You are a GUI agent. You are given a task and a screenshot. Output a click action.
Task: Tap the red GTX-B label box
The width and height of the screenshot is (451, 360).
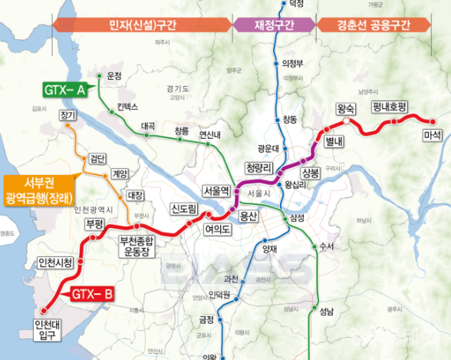click(94, 294)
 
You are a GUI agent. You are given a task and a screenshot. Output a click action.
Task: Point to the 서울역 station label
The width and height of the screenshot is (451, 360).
click(216, 189)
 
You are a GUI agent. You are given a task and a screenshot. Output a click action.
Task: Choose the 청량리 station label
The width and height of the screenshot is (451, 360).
click(259, 166)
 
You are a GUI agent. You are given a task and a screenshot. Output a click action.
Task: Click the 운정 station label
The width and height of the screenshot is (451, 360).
click(115, 76)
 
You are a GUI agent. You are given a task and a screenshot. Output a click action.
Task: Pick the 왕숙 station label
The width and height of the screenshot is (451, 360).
click(346, 108)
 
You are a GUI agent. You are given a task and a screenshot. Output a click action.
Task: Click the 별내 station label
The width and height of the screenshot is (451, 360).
click(334, 142)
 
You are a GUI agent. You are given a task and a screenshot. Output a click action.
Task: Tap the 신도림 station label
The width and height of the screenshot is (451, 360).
click(184, 209)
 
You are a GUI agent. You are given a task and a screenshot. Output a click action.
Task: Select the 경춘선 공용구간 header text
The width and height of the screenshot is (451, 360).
click(374, 25)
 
